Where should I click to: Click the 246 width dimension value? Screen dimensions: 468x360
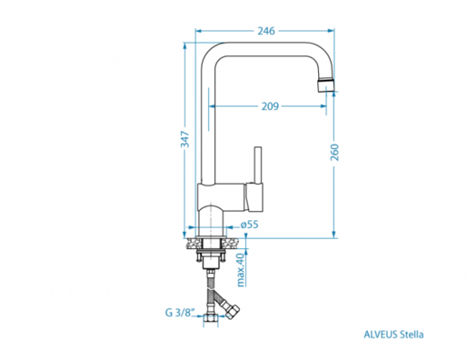[266, 31]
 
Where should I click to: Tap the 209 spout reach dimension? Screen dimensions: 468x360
[270, 106]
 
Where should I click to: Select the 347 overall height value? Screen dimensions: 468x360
[184, 139]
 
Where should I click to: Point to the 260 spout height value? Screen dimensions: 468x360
[334, 153]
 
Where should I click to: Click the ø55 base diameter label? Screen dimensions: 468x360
[250, 225]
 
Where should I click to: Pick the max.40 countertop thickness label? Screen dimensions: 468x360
[241, 270]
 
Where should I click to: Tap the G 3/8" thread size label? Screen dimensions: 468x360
[179, 313]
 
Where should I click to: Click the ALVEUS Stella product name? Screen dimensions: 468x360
[393, 335]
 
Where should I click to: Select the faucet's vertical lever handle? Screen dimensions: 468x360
[258, 165]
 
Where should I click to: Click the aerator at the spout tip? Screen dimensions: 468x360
[326, 85]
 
